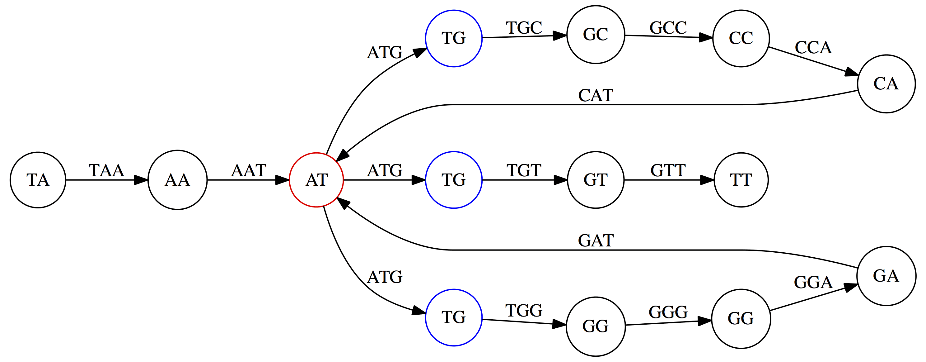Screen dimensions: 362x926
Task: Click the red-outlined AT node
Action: pos(316,180)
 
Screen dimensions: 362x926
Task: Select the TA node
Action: pos(38,180)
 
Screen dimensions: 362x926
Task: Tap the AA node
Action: pos(177,180)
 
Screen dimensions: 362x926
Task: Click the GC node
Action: pos(596,35)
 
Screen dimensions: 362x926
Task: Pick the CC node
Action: pos(741,38)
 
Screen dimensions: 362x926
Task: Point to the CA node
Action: pos(886,84)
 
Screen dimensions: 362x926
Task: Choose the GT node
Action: pos(596,180)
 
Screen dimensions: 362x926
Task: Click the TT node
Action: pos(741,180)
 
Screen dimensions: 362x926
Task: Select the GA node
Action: pos(886,276)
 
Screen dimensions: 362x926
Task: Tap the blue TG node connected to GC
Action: pos(454,38)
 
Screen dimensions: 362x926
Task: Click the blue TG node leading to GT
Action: pos(454,180)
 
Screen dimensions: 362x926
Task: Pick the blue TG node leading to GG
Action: pos(454,317)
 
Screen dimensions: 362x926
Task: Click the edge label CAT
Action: pos(596,96)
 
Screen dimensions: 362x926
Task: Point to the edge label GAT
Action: pos(596,241)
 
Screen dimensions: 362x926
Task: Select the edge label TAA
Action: pos(106,171)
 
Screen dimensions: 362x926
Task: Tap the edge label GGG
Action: pos(668,312)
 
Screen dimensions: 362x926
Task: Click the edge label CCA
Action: pos(813,47)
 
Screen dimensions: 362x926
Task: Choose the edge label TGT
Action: pos(524,171)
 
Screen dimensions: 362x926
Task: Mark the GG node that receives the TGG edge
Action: pos(596,326)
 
